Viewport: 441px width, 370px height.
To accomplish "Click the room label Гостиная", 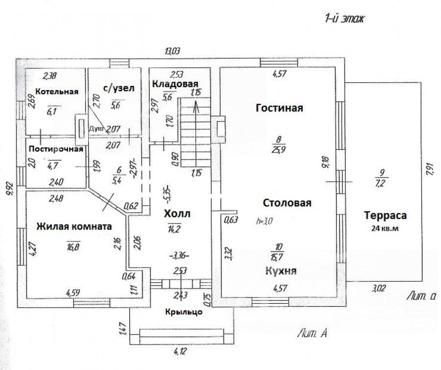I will point(279,108).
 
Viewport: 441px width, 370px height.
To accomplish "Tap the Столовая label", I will point(287,203).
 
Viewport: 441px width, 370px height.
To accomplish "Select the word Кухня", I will point(280,270).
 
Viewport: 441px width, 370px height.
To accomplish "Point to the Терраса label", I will point(386,215).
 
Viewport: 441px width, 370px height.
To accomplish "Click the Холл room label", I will point(177,214).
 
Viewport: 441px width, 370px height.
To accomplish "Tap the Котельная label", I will point(57,92).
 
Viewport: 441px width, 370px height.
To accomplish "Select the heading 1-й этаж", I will point(343,20).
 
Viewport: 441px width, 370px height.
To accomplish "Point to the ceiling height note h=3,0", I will point(264,221).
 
